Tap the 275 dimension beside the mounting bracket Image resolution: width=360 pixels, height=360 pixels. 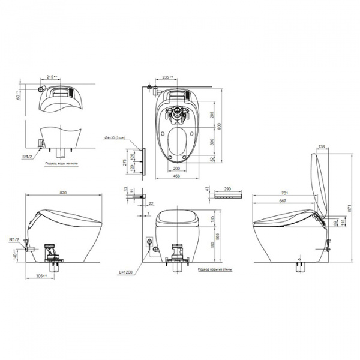125,163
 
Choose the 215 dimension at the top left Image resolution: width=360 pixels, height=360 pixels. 52,77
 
